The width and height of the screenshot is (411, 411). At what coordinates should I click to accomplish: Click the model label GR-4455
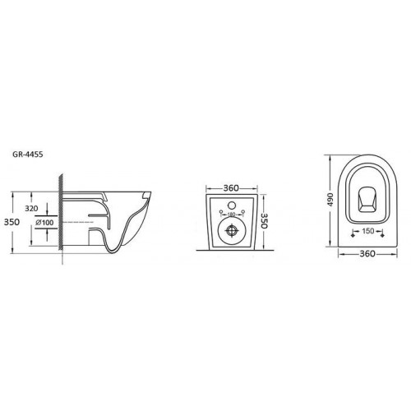(x=28, y=155)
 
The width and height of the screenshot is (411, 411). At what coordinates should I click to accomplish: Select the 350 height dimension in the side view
(x=12, y=222)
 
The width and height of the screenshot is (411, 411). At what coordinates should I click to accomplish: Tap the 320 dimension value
(x=31, y=208)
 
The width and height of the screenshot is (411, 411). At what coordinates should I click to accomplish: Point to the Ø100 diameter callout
(x=44, y=222)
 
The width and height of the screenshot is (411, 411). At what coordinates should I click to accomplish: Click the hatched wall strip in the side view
(x=61, y=211)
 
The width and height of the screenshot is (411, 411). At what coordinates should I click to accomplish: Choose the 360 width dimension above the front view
(x=231, y=188)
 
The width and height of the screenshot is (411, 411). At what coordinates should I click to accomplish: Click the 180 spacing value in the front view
(x=232, y=215)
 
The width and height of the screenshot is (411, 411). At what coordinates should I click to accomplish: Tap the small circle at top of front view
(x=232, y=205)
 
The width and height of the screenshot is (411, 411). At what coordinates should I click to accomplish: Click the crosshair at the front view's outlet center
(x=232, y=230)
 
